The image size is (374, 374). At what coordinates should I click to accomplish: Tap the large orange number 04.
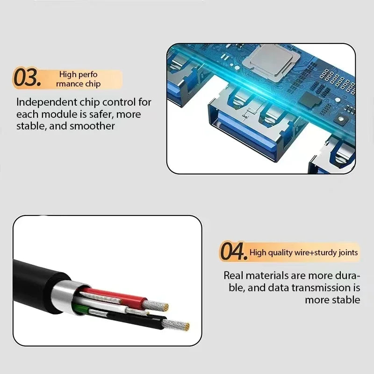click(x=233, y=252)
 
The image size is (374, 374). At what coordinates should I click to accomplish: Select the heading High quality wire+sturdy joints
click(x=304, y=253)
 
